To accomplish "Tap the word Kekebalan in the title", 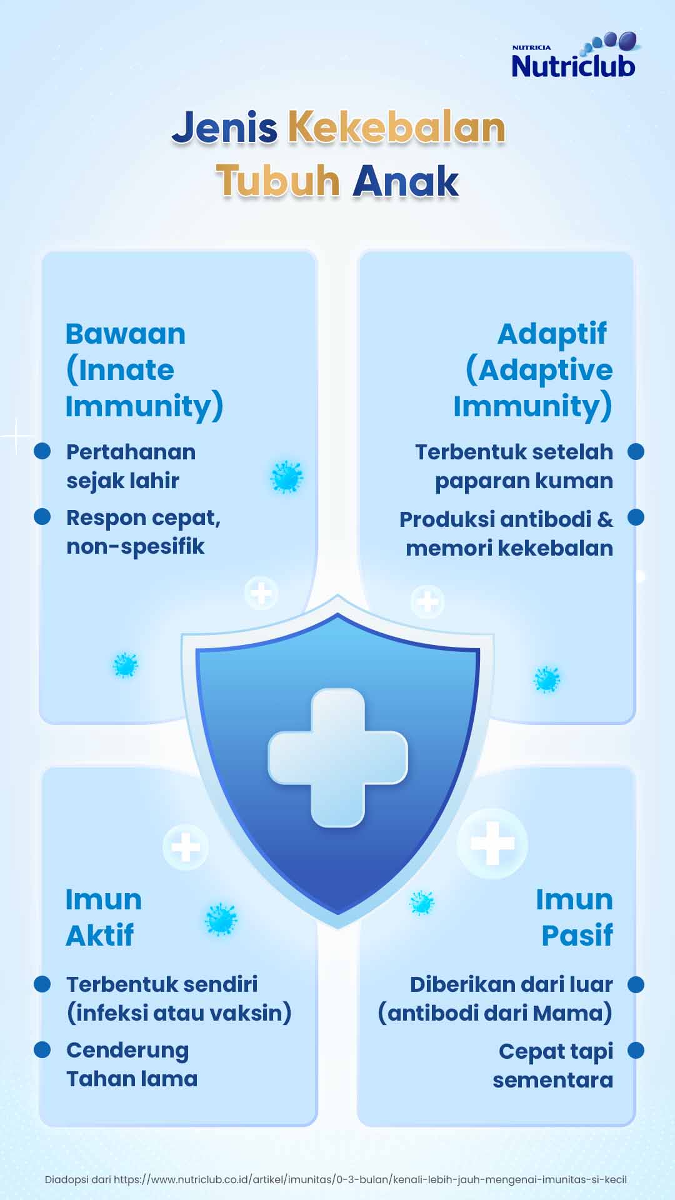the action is coord(396,127).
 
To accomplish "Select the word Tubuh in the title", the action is coord(277,181).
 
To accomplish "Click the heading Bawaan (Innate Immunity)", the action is coord(144,370).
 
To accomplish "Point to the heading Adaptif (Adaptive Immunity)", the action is coord(533,370).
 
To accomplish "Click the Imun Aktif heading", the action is coord(104,917).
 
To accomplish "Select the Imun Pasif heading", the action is coord(574,917).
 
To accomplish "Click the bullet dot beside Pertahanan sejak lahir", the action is coord(42,451).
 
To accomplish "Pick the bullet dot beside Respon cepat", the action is coord(42,517).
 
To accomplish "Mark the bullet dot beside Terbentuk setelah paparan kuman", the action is coord(636,451).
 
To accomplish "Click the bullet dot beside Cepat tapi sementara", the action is coord(636,1051).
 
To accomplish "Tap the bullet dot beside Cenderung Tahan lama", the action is coord(42,1049).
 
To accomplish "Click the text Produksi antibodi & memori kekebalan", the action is coord(506,533).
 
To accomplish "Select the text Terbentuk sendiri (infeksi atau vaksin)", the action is coord(179,998).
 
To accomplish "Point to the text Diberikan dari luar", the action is coord(511,984).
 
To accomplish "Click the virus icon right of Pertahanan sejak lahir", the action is coord(286,477).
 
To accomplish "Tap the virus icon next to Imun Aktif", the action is coord(221,919).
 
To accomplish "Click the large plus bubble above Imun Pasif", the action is coord(492,844).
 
